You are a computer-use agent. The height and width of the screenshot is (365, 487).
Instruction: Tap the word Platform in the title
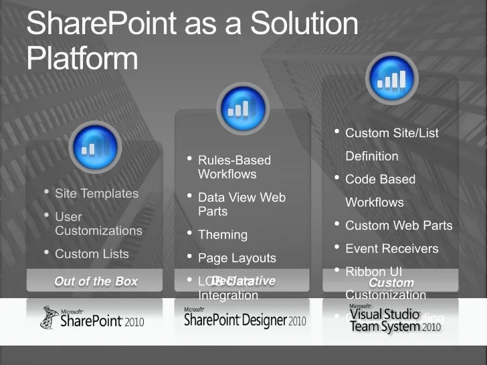pyautogui.click(x=82, y=58)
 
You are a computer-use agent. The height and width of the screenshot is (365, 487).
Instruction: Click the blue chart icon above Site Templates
pyautogui.click(x=94, y=147)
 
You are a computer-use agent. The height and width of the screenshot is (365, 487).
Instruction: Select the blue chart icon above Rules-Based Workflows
pyautogui.click(x=242, y=108)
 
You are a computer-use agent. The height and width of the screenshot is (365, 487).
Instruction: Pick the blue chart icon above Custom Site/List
pyautogui.click(x=391, y=78)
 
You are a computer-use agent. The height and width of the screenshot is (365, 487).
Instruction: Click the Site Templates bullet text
pyautogui.click(x=96, y=194)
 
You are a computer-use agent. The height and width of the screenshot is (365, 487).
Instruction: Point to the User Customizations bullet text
pyautogui.click(x=98, y=224)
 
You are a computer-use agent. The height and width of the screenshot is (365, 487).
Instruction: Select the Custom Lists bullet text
pyautogui.click(x=92, y=254)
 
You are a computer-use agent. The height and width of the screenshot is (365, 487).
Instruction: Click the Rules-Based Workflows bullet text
pyautogui.click(x=234, y=167)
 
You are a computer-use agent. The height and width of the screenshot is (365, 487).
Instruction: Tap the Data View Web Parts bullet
pyautogui.click(x=241, y=205)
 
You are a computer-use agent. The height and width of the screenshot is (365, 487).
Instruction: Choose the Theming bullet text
pyautogui.click(x=223, y=235)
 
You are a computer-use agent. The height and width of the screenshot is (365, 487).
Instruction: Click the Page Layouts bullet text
pyautogui.click(x=237, y=258)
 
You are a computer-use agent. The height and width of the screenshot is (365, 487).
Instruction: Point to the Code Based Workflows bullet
pyautogui.click(x=380, y=191)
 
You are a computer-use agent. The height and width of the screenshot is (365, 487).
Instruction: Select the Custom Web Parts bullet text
pyautogui.click(x=399, y=225)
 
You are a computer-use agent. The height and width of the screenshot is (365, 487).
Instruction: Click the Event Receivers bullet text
pyautogui.click(x=391, y=249)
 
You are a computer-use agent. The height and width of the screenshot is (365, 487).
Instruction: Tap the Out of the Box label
pyautogui.click(x=96, y=281)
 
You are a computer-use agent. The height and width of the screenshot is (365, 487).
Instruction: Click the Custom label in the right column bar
pyautogui.click(x=391, y=283)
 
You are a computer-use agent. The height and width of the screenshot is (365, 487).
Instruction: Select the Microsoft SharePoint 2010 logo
pyautogui.click(x=93, y=318)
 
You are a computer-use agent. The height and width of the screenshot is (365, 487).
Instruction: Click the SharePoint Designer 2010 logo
pyautogui.click(x=244, y=318)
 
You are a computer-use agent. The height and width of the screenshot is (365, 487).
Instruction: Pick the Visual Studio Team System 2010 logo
pyautogui.click(x=395, y=320)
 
